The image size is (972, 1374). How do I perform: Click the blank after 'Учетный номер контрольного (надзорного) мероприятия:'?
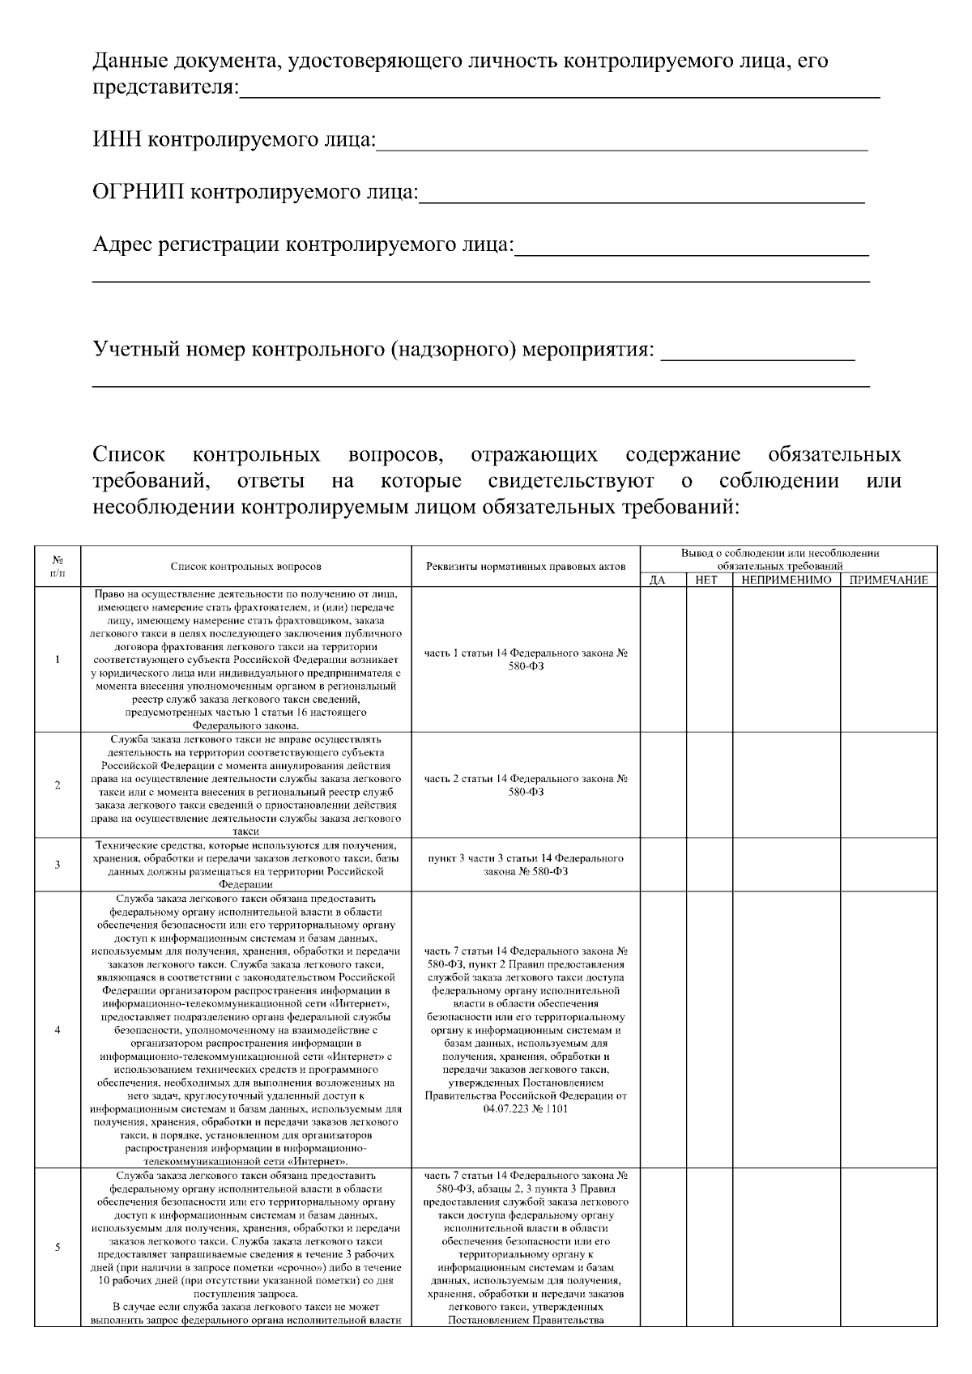tap(757, 356)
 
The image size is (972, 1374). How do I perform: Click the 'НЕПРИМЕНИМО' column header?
tap(786, 580)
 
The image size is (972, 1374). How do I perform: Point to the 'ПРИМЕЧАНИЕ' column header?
tap(888, 580)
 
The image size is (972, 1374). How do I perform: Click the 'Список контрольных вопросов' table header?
tap(245, 567)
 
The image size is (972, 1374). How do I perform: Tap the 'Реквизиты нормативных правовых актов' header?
tap(526, 567)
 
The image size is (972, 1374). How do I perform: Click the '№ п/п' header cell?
tap(58, 566)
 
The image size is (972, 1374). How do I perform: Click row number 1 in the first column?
tap(58, 659)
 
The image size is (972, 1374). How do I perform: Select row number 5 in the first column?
tap(58, 1247)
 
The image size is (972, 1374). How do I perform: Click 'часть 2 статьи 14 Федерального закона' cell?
tap(526, 785)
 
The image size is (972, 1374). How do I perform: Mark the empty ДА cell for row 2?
tap(663, 785)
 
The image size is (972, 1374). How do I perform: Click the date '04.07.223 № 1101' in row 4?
tap(526, 1108)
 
